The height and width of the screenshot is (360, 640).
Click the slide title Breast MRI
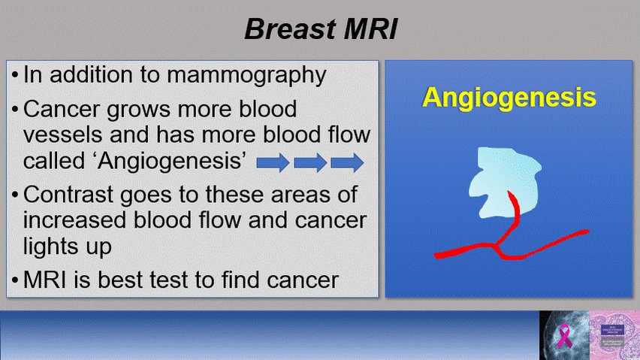point(321,29)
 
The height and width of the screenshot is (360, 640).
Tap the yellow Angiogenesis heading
point(509,97)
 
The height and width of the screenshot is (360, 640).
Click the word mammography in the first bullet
point(246,76)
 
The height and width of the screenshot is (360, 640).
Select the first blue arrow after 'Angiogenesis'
point(273,162)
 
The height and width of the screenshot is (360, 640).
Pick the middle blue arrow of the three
point(310,162)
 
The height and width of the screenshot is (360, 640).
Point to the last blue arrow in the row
point(347,162)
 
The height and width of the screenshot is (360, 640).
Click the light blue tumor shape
point(504,180)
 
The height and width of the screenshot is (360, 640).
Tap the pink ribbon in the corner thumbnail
point(564,335)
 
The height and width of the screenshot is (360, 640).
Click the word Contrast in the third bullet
point(68,195)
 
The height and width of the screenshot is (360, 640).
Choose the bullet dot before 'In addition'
point(15,76)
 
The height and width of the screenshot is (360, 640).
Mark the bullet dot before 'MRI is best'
point(15,281)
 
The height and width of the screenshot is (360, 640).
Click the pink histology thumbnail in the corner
point(614,335)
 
